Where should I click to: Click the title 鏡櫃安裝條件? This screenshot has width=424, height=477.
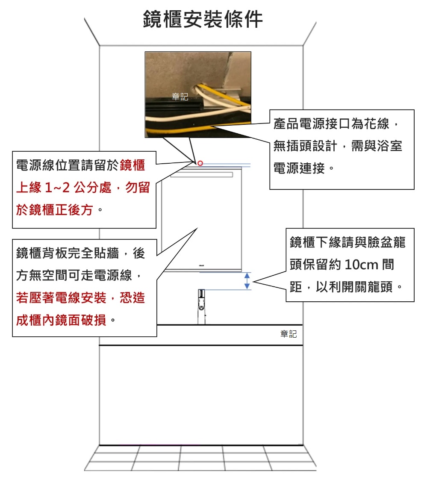coord(203,19)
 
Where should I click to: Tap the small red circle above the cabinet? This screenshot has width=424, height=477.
coord(200,163)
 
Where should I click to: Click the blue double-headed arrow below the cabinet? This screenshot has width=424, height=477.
coord(247,281)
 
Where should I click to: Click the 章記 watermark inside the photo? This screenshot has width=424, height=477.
coord(180,97)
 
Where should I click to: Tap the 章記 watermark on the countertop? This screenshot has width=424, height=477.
coord(289,334)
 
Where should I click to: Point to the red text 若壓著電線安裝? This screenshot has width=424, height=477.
coord(61,298)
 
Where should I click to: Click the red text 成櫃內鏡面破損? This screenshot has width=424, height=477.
coord(61,320)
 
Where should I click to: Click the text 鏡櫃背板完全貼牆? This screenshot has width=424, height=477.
coord(68,253)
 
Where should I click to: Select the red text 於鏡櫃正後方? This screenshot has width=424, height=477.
coord(54,210)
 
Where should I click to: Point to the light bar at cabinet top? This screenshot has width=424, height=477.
coord(201,175)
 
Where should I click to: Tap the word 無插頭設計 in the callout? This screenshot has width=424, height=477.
coord(305,146)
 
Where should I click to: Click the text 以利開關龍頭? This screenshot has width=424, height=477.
coord(354,287)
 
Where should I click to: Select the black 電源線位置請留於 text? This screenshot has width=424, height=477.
coord(68,165)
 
